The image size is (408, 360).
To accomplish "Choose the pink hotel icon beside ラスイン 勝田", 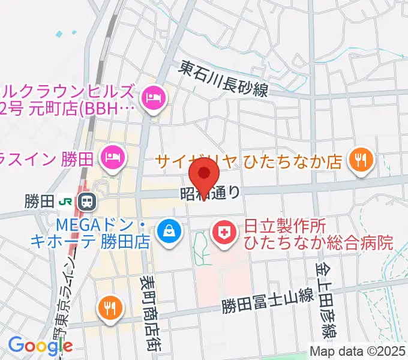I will (x=112, y=158).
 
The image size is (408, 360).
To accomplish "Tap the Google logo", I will (x=40, y=346).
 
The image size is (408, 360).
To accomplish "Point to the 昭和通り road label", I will (x=211, y=193).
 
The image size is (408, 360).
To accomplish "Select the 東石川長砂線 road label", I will (x=225, y=79).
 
